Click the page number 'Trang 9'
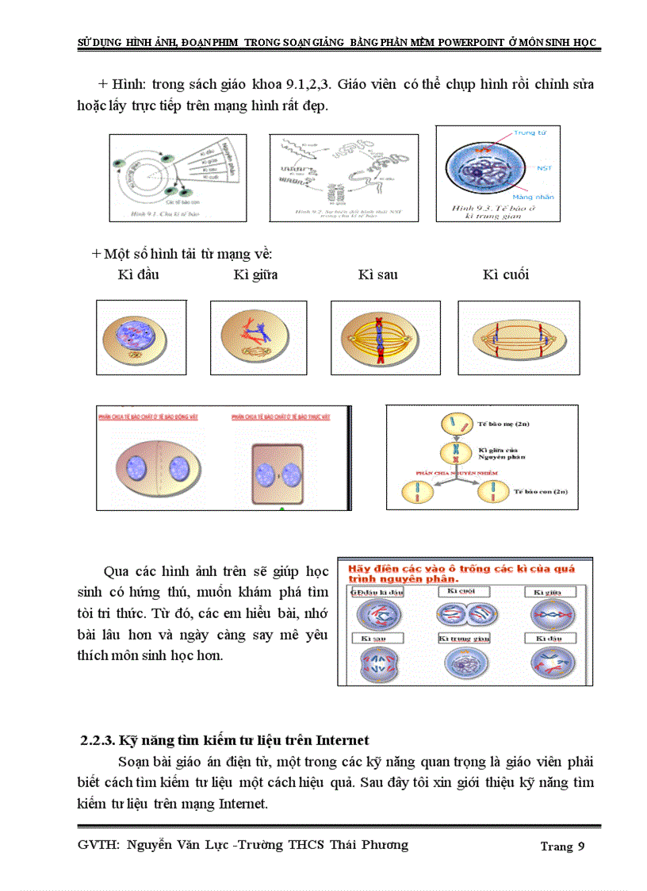[x=562, y=846]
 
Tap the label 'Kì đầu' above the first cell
[x=138, y=275]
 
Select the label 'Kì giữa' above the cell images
[x=255, y=275]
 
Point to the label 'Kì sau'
[x=377, y=275]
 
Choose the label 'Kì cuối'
[x=505, y=275]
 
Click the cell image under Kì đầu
[x=136, y=336]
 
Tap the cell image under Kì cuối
[x=519, y=337]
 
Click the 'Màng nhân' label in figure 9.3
[x=533, y=196]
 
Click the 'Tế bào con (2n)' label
[x=540, y=492]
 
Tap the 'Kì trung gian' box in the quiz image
[x=459, y=637]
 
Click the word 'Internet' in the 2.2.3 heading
[x=342, y=740]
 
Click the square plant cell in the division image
[x=278, y=474]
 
